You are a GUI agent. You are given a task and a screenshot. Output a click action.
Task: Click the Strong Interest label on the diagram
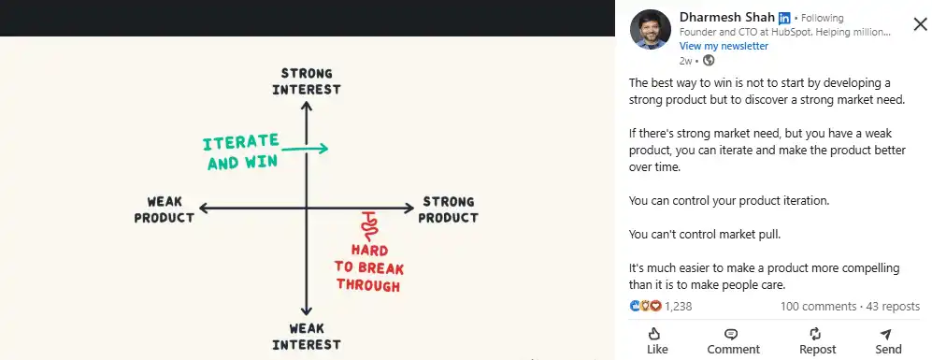(x=306, y=81)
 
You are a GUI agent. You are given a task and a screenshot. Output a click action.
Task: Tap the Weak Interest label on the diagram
(x=306, y=337)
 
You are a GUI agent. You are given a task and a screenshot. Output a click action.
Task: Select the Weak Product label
(x=164, y=209)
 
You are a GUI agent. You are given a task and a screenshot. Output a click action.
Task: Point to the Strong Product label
(x=448, y=209)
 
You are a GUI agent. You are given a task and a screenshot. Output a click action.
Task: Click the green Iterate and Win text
(x=242, y=151)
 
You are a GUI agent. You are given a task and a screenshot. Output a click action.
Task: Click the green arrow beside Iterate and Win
(x=305, y=148)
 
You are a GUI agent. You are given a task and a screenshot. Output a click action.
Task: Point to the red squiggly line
(x=370, y=224)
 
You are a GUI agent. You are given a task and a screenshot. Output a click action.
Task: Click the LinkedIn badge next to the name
(x=784, y=18)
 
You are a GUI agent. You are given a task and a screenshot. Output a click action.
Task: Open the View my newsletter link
(x=724, y=46)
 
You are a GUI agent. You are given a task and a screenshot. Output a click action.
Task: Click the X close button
(x=920, y=24)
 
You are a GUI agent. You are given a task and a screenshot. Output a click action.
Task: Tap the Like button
(x=657, y=340)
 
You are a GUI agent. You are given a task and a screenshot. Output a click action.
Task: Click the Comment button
(x=733, y=340)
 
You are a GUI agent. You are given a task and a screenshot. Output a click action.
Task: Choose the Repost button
(x=817, y=340)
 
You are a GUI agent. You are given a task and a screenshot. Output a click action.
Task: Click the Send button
(x=888, y=340)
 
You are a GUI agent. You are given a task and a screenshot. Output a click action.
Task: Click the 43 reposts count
(x=893, y=306)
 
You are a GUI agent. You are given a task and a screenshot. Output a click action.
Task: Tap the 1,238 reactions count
(x=678, y=306)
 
